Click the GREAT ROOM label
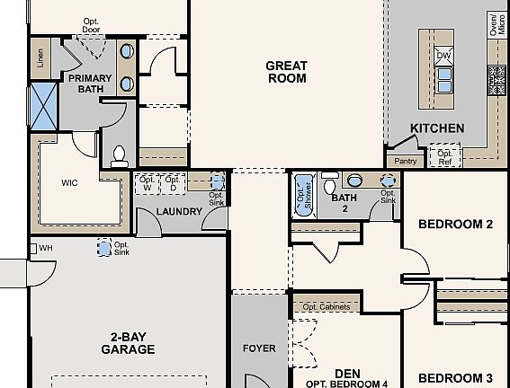(x=287, y=72)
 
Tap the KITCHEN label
(x=437, y=128)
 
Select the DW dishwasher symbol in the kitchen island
(x=443, y=56)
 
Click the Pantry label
(x=406, y=161)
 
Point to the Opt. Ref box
(x=445, y=157)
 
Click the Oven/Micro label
(x=497, y=24)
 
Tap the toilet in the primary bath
(x=120, y=157)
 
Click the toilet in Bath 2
(x=330, y=183)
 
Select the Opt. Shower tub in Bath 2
(x=305, y=196)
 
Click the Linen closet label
(x=40, y=58)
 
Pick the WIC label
(x=69, y=183)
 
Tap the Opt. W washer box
(x=147, y=184)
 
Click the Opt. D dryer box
(x=173, y=184)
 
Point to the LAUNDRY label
(x=179, y=212)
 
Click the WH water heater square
(x=33, y=249)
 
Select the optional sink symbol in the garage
(x=104, y=248)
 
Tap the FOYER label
(x=259, y=348)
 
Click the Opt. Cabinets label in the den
(x=327, y=307)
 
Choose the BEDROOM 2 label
(x=455, y=224)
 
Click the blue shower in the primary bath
(x=44, y=107)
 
